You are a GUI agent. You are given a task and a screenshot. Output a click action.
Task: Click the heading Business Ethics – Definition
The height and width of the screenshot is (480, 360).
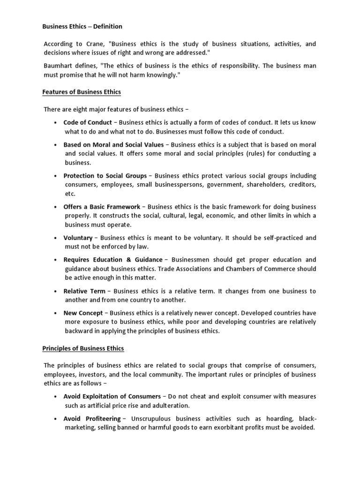[x=82, y=27]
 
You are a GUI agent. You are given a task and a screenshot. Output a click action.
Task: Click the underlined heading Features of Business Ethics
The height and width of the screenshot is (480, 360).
[x=82, y=92]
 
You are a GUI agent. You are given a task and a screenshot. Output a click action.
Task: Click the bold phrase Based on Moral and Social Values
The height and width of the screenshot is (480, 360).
[x=113, y=144]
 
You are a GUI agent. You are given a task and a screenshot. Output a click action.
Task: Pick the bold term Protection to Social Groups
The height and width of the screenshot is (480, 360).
[x=105, y=176]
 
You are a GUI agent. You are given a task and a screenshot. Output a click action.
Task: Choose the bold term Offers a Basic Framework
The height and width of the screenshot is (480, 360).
[x=102, y=207]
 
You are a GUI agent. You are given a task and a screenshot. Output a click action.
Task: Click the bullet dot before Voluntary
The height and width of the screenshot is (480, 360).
[x=56, y=238]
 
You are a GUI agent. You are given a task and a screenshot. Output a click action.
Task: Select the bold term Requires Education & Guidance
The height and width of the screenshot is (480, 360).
[x=113, y=260]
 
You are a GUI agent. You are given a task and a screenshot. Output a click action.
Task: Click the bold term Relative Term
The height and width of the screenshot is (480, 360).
[x=84, y=291]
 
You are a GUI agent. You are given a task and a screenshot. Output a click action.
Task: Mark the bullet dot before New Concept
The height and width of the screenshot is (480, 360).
[x=56, y=313]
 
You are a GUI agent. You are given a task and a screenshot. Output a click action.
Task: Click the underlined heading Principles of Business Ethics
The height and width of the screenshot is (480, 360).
[x=83, y=348]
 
